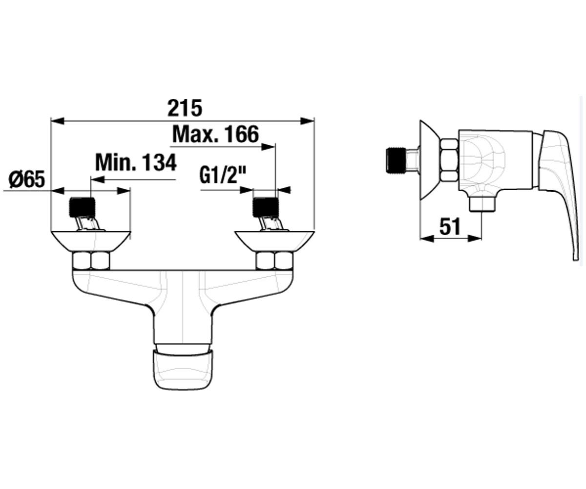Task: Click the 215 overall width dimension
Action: [x=185, y=108]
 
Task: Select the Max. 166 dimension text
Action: [x=215, y=134]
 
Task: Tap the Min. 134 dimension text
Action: [x=136, y=162]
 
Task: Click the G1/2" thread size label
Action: [x=223, y=176]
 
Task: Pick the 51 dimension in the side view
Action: [x=450, y=226]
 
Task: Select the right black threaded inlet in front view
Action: [x=266, y=207]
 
